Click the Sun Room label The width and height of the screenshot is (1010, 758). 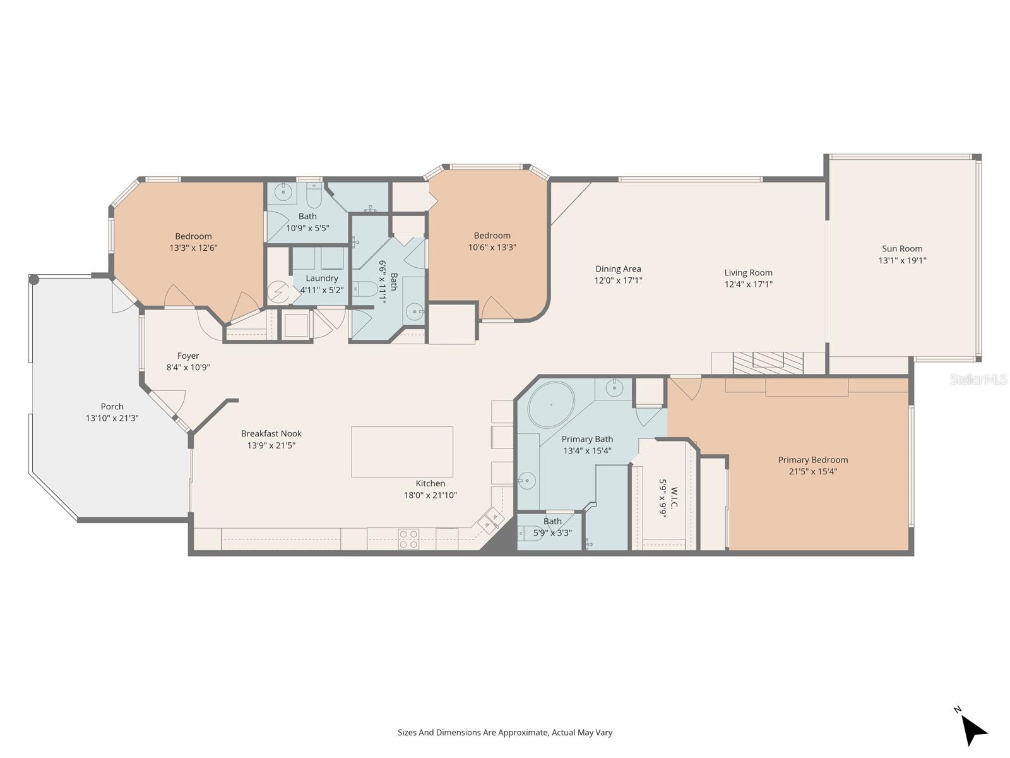(902, 248)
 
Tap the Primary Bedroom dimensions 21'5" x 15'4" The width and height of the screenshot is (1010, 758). (813, 471)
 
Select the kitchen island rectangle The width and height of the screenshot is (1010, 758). (402, 452)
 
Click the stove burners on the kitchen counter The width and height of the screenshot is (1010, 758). (408, 539)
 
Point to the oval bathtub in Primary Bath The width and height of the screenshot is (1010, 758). (551, 404)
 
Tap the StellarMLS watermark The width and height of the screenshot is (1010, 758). (978, 380)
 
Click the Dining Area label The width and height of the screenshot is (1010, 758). (618, 268)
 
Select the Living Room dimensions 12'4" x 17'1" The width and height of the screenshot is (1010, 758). (749, 284)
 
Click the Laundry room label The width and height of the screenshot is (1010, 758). (322, 278)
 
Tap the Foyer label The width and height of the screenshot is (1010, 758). (188, 356)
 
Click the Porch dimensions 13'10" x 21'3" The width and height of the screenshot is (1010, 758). (112, 418)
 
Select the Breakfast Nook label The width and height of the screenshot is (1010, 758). (271, 433)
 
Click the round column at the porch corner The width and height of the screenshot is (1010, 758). (34, 280)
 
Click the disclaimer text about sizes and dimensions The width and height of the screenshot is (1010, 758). (504, 733)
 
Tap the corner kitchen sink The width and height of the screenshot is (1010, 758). (490, 521)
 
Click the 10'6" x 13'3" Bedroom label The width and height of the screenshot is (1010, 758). (492, 236)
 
